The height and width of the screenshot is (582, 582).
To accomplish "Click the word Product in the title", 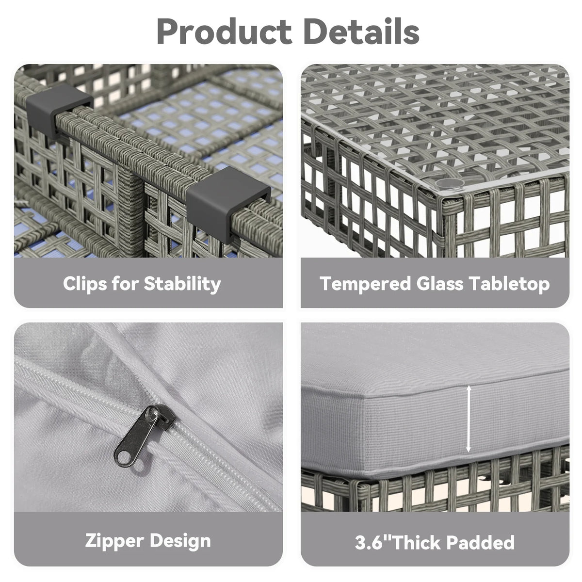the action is (x=224, y=32).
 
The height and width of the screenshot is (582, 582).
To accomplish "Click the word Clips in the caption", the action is (x=85, y=284).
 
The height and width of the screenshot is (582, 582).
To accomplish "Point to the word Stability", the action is (x=182, y=284).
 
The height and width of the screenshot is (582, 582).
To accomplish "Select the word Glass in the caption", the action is (x=439, y=284).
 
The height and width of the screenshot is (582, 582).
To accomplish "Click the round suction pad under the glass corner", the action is (x=449, y=183).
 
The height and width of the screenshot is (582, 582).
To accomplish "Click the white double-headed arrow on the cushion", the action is (x=469, y=419).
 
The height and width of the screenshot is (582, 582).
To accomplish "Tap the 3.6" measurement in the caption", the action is (x=373, y=542).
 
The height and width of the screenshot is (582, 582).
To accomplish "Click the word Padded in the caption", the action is (x=480, y=542).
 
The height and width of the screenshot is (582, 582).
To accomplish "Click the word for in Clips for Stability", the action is (x=125, y=284).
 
